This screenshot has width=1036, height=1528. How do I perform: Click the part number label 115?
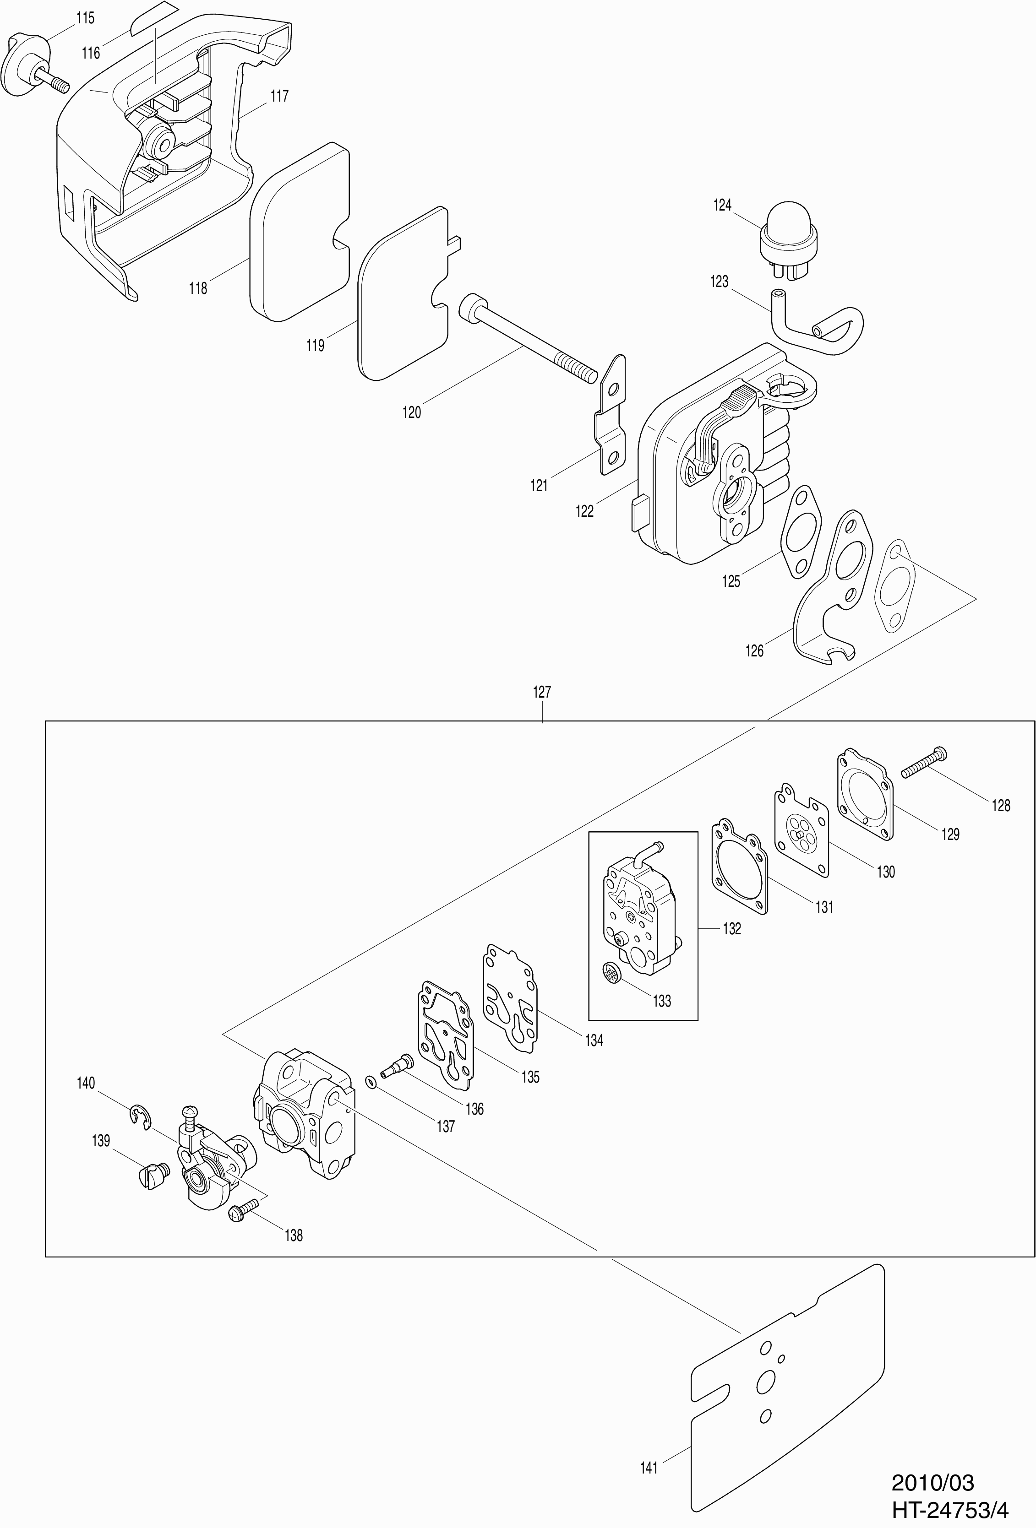coord(85,18)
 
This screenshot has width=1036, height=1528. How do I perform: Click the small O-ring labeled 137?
coord(371,1082)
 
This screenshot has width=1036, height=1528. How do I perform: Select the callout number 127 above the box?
coord(541,692)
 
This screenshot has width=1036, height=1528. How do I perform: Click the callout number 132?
coord(731,928)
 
